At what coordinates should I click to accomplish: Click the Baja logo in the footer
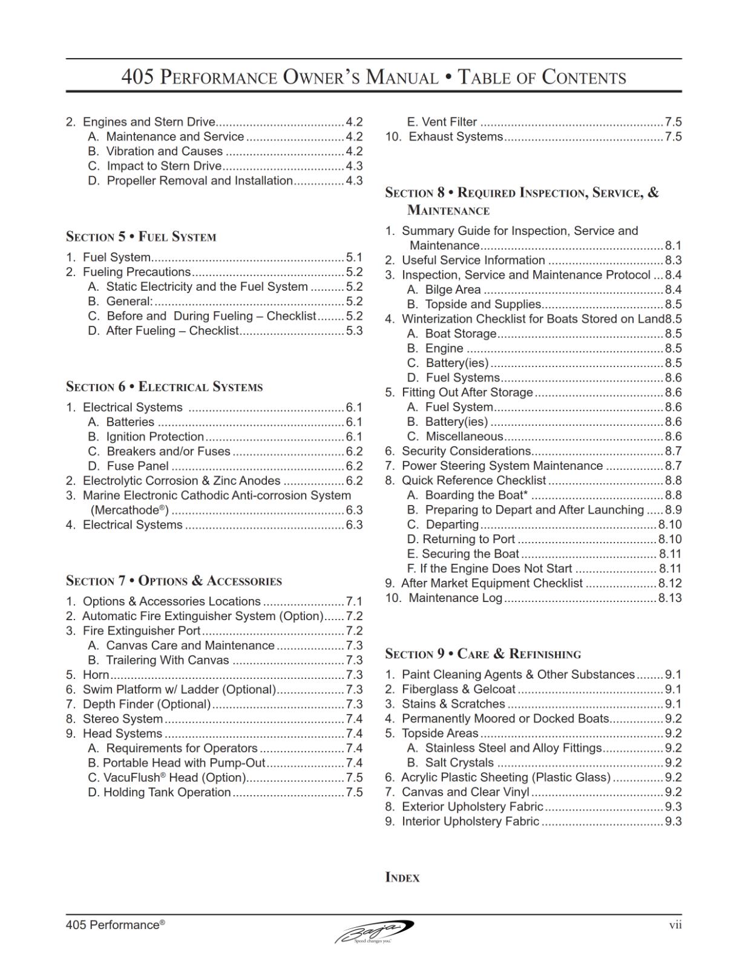point(374,931)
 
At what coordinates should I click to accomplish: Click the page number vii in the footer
point(675,925)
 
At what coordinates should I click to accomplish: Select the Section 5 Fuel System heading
point(140,237)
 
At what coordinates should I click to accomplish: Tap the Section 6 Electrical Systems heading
point(164,387)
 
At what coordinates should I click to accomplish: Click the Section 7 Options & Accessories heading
point(174,581)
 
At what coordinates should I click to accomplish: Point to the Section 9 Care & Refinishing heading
point(482,654)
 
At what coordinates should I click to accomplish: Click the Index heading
point(402,878)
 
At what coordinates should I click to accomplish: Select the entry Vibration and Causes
point(164,151)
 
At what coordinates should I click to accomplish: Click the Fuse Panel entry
point(137,466)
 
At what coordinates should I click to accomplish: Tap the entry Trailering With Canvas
point(167,660)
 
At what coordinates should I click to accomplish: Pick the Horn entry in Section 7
point(96,675)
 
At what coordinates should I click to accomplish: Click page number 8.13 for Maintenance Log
point(669,598)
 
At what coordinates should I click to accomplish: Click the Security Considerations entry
point(466,451)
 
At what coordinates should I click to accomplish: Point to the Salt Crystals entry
point(459,762)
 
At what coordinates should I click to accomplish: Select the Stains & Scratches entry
point(453,704)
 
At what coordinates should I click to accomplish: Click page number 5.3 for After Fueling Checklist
point(354,331)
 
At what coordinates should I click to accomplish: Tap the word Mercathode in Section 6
point(128,510)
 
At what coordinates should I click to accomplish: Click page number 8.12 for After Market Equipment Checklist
point(669,583)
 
